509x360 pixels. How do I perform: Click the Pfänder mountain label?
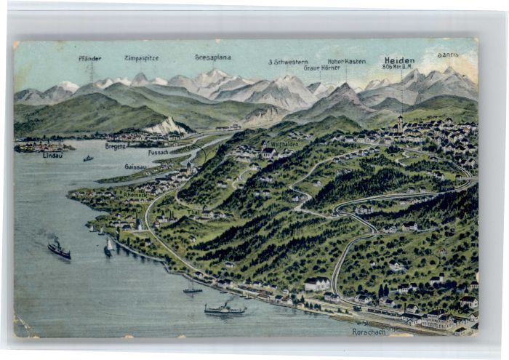tap(89, 58)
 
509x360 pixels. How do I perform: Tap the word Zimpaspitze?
tap(141, 57)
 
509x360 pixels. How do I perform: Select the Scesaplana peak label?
tap(212, 57)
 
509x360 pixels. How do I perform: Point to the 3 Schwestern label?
tap(288, 62)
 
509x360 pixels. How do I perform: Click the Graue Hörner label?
tap(321, 68)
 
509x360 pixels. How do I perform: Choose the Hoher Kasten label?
tap(346, 61)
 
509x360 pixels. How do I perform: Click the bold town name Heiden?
tap(399, 60)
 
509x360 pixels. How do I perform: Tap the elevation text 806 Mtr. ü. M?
tap(398, 67)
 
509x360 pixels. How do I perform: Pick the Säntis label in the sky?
tap(448, 55)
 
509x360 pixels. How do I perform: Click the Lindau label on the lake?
tap(52, 155)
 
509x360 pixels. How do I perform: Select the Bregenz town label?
tap(115, 145)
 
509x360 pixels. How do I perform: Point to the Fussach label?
tap(158, 152)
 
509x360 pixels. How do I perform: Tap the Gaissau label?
tap(135, 166)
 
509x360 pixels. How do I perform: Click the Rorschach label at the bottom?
tap(368, 332)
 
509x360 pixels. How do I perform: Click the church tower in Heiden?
tap(400, 121)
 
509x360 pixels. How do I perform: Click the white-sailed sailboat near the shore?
tap(108, 247)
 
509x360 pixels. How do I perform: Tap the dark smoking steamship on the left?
tap(59, 250)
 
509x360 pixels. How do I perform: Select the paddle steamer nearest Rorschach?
tap(224, 309)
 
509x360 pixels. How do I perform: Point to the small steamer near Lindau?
tap(88, 158)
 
